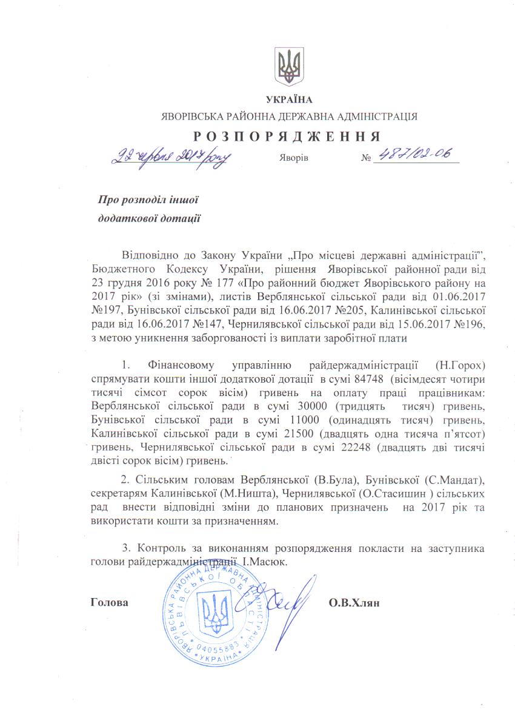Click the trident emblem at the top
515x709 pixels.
point(288,67)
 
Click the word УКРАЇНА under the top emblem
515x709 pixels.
point(288,99)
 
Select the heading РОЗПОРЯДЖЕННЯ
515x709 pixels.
point(287,136)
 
